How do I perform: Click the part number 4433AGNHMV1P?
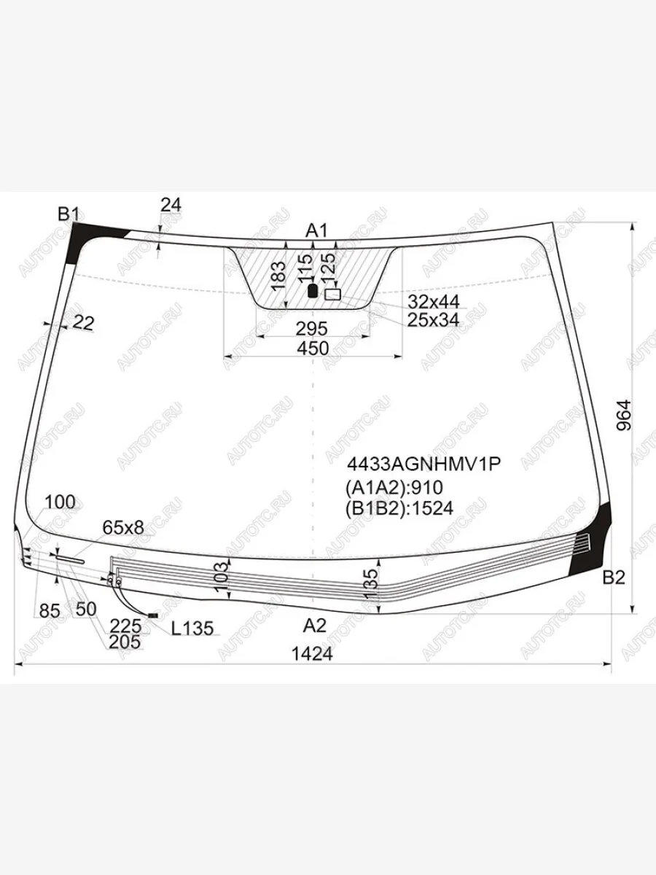click(423, 464)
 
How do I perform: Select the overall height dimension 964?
click(624, 415)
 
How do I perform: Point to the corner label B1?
click(69, 214)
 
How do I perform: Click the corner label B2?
click(614, 577)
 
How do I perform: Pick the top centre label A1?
click(316, 230)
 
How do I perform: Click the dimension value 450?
click(313, 349)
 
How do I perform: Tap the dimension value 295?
click(311, 329)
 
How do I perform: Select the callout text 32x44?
click(434, 302)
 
